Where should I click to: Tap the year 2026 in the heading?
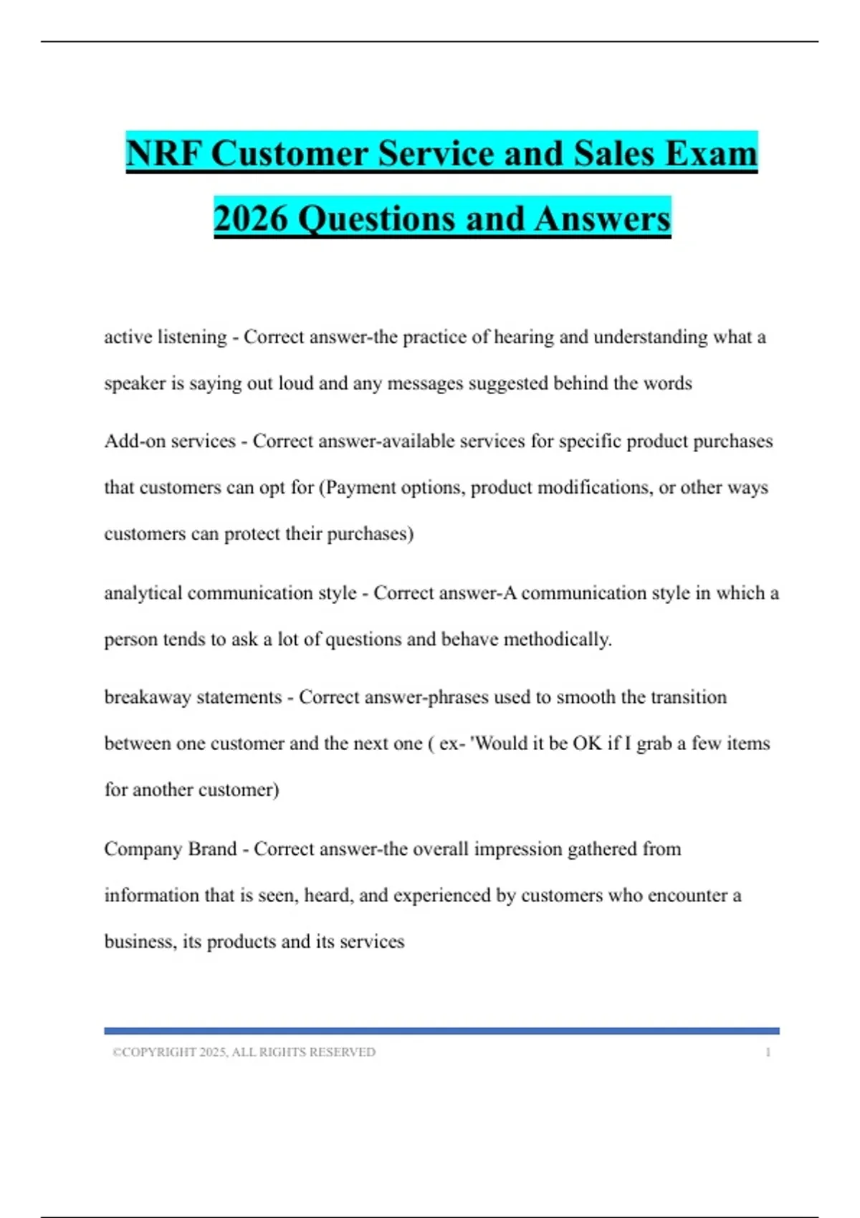coord(250,219)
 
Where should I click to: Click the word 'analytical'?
coord(143,593)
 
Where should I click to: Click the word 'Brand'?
coord(211,849)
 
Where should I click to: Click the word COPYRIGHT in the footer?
coord(159,1052)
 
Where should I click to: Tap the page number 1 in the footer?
coord(768,1052)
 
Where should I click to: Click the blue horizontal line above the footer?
coord(441,1031)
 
